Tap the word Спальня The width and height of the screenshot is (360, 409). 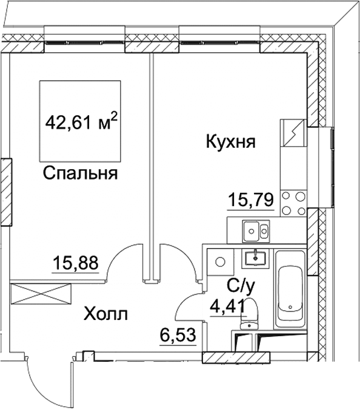tap(79, 175)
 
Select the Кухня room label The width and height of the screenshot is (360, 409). tap(231, 143)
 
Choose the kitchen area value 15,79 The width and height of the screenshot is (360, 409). tap(250, 199)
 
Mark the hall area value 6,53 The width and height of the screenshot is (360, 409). tap(180, 333)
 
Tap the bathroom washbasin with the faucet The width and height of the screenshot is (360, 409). tap(257, 258)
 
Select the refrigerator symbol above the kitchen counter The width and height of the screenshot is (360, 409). tap(292, 133)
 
